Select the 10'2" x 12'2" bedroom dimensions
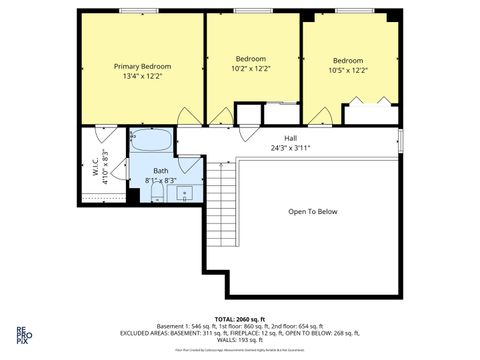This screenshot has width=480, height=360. tap(250, 69)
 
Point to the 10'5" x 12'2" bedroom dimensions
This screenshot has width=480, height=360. tap(348, 70)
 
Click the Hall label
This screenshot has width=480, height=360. tap(290, 138)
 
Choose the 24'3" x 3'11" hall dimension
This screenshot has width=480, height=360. tap(290, 148)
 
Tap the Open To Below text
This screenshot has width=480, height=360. tap(313, 212)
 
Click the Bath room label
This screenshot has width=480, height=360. tap(160, 171)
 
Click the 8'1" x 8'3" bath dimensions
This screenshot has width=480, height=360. tap(161, 181)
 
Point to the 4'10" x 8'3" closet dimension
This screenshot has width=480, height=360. tap(105, 165)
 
